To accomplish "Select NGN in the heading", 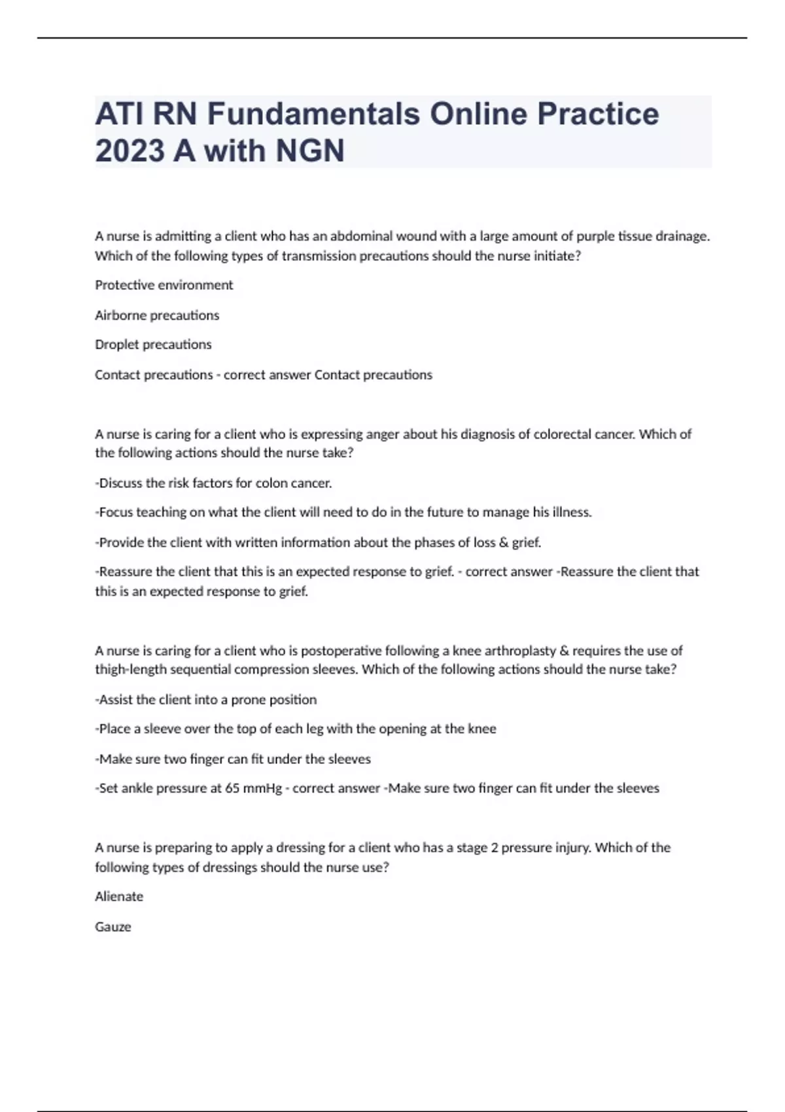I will click(310, 150).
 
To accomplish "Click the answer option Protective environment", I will click(164, 285).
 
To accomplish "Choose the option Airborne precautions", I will click(157, 315).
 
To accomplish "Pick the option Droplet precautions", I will click(153, 345).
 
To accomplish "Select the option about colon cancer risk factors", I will click(214, 483).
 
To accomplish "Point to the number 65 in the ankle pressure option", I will click(232, 788).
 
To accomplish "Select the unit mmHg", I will click(262, 788).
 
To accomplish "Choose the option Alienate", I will click(119, 897).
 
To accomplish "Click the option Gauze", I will click(113, 927).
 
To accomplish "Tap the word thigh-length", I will click(129, 670).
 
